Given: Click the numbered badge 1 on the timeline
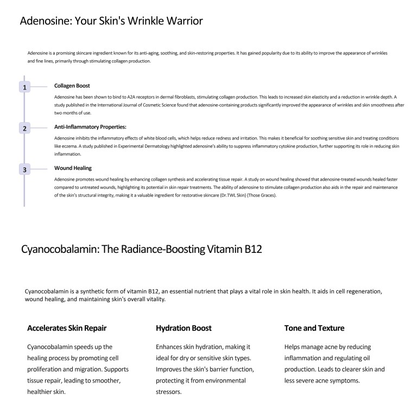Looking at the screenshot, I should click(24, 87).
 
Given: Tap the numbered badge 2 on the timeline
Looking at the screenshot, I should click(24, 129).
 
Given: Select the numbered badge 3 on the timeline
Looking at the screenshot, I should click(24, 170).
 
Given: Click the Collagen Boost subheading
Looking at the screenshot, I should click(72, 86).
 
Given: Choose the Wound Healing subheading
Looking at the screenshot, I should click(73, 168).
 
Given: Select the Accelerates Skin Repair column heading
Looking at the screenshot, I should click(67, 328).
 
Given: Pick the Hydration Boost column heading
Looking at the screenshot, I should click(184, 328).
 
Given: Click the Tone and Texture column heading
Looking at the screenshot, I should click(314, 328).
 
